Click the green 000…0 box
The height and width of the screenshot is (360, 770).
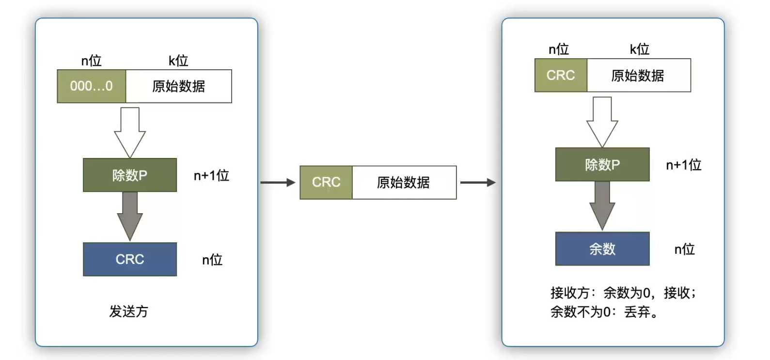click(x=92, y=86)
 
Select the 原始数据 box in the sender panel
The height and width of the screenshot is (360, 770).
click(x=179, y=86)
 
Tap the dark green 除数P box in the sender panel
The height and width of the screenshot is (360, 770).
click(x=130, y=175)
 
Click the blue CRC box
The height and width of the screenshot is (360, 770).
click(x=130, y=259)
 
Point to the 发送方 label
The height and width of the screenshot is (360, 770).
click(x=128, y=311)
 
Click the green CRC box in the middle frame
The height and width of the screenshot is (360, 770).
click(x=326, y=182)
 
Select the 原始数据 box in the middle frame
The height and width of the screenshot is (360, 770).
click(x=404, y=182)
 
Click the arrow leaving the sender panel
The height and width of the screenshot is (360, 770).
click(x=278, y=182)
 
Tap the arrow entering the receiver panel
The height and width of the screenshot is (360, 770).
click(x=478, y=182)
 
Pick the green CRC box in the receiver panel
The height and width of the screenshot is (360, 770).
click(x=561, y=75)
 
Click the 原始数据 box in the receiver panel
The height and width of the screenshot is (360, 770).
click(x=639, y=75)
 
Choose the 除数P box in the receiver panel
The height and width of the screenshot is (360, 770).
click(x=603, y=164)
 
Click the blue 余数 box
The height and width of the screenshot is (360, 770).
click(x=603, y=249)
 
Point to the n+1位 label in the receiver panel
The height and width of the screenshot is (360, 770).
click(x=683, y=165)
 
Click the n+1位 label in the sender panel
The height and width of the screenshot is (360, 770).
click(x=211, y=176)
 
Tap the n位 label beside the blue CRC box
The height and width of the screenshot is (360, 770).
click(x=212, y=260)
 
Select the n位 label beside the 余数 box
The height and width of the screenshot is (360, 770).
click(x=684, y=249)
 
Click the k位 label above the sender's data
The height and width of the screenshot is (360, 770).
click(x=178, y=61)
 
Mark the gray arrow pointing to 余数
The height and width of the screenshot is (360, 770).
click(x=602, y=205)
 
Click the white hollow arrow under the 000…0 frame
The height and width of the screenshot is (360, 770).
click(x=130, y=132)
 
